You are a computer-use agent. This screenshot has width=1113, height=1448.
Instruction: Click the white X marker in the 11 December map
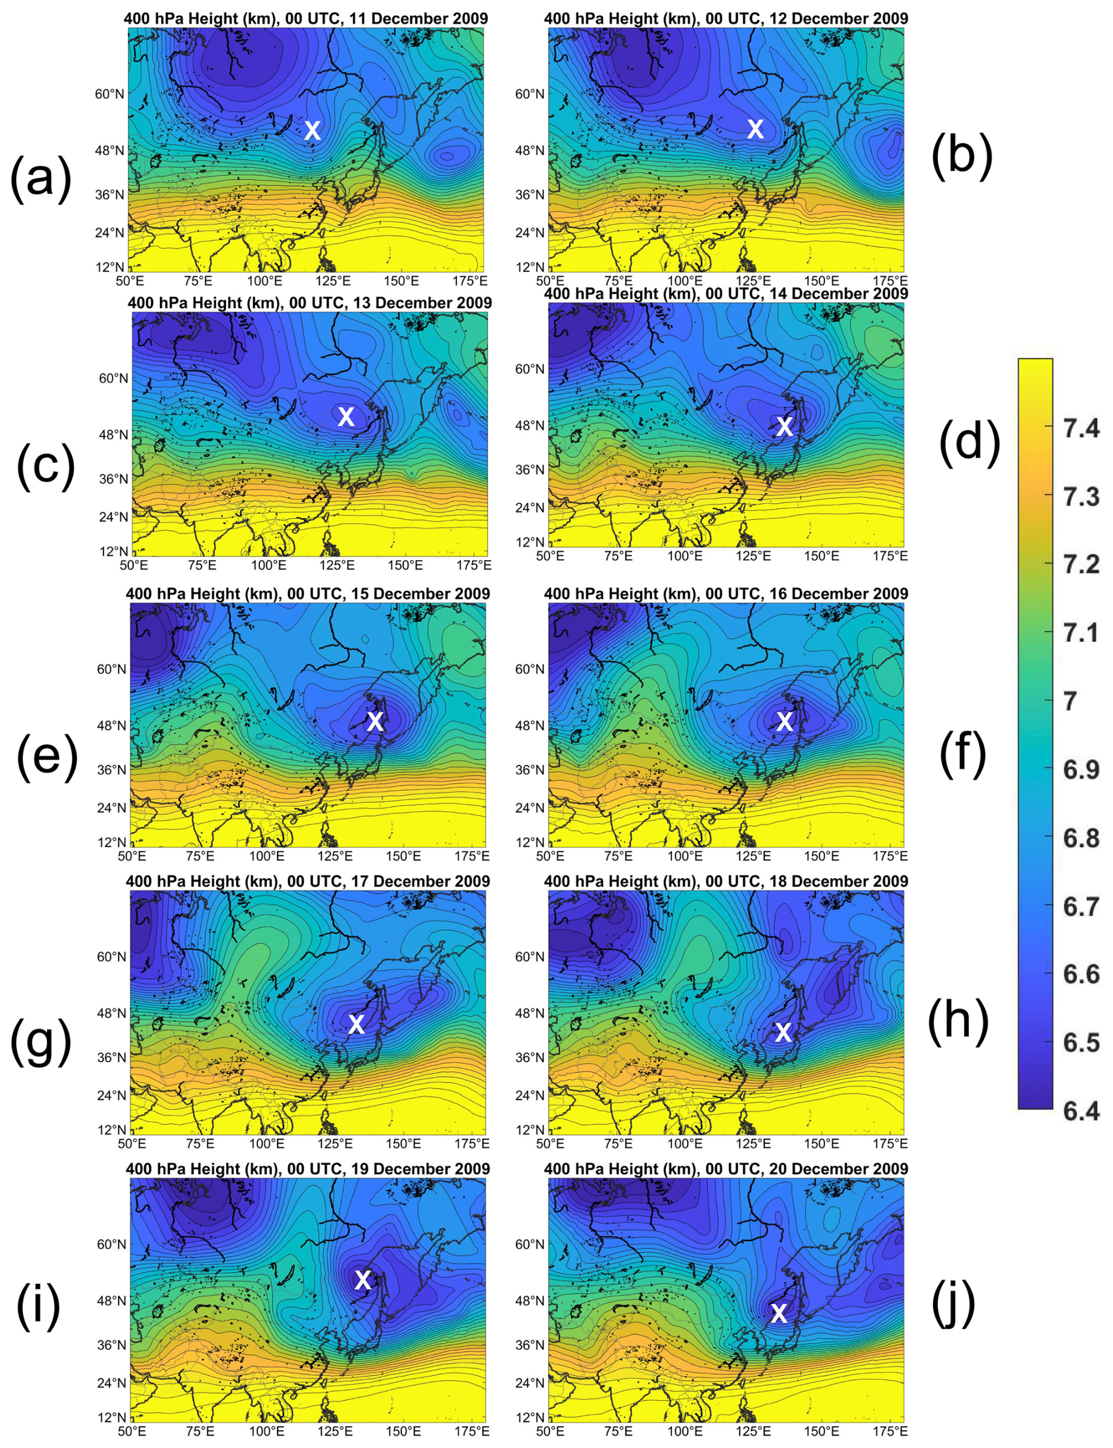pos(312,130)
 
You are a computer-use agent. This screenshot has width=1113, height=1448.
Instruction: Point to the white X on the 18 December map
pos(783,1032)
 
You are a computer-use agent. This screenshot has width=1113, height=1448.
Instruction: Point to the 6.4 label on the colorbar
pos(1081,1111)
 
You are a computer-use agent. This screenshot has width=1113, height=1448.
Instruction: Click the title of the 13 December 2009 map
pos(309,303)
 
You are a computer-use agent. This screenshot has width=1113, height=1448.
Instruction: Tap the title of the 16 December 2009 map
pos(725,594)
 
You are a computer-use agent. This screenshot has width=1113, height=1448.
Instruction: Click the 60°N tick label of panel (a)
pos(109,94)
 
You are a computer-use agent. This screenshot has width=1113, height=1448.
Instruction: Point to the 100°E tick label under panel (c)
pos(268,565)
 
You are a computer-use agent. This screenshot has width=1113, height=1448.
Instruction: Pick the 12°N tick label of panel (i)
pos(112,1417)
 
